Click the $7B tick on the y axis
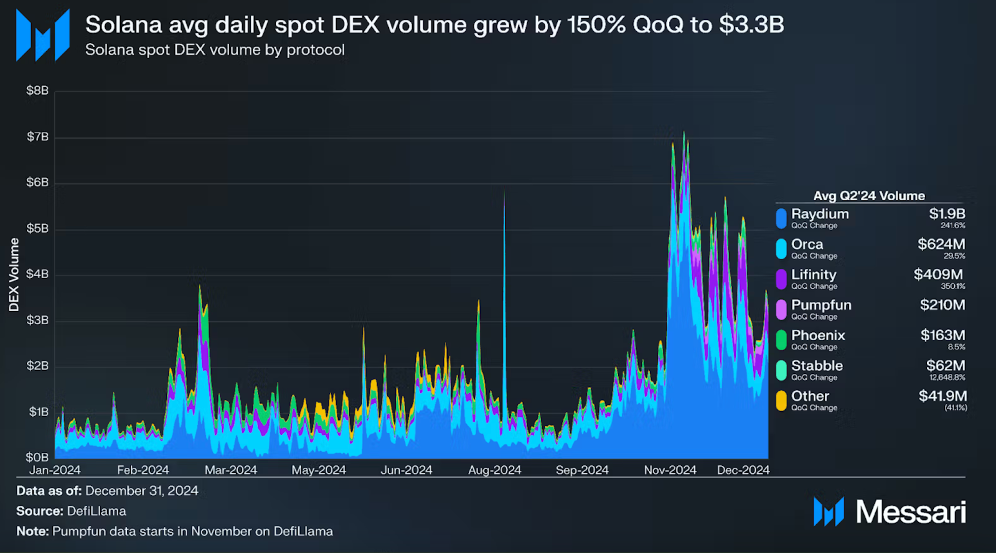(37, 137)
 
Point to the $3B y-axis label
(37, 320)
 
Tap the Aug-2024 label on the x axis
(494, 470)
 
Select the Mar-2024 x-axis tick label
(230, 470)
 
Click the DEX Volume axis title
(14, 274)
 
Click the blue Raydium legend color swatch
(781, 218)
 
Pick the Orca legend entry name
(807, 244)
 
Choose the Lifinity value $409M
(938, 274)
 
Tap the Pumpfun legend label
(821, 305)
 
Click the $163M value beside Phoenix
(942, 335)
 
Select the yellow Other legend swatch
(781, 401)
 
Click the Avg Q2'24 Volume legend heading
(869, 196)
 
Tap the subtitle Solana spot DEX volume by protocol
(215, 50)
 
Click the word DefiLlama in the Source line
(96, 511)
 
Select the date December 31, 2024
(142, 491)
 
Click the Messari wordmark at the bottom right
(911, 512)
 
